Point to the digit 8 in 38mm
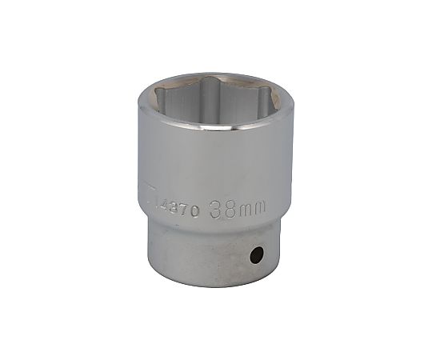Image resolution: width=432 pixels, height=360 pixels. (x=226, y=210)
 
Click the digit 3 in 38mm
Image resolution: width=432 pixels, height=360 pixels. (x=214, y=210)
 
